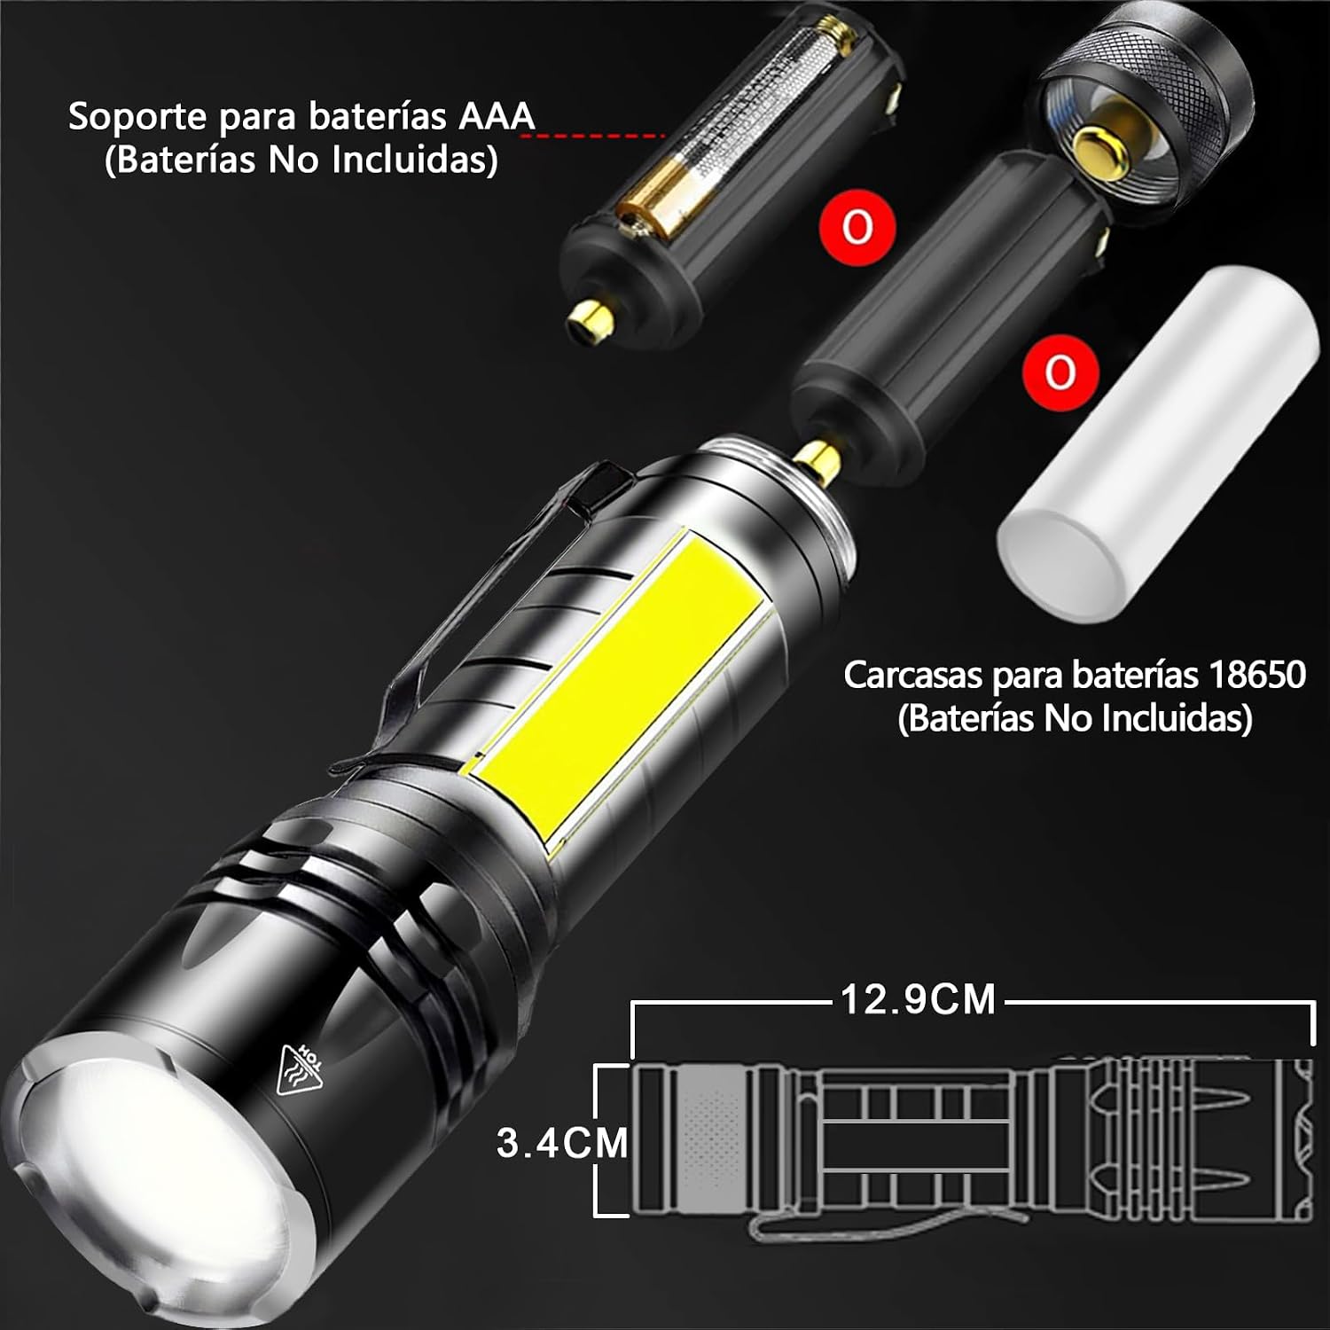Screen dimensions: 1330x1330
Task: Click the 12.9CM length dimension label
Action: (x=919, y=999)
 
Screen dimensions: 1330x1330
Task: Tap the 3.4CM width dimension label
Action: (x=562, y=1142)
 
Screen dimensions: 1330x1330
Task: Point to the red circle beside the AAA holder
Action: (x=857, y=227)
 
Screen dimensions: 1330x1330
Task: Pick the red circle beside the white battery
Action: (x=1060, y=372)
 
